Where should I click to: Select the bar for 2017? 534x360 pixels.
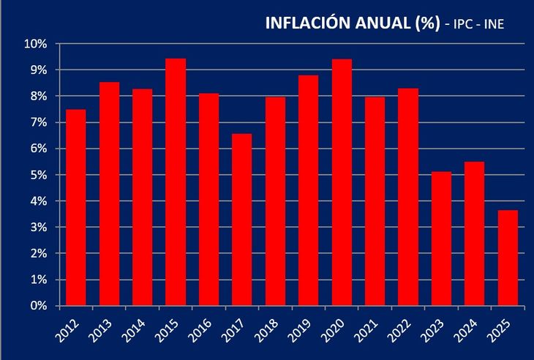242,220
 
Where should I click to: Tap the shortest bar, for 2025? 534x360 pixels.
508,258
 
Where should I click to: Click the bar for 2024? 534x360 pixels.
474,233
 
